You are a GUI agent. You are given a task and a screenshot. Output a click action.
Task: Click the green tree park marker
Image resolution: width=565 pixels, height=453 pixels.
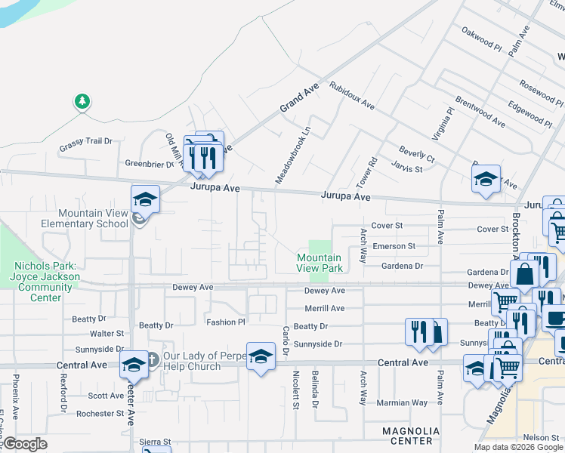click(82, 101)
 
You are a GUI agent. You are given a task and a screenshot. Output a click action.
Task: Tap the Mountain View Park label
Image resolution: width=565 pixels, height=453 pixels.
click(320, 263)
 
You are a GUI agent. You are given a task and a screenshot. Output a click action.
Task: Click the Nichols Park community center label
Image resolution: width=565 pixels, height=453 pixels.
click(45, 282)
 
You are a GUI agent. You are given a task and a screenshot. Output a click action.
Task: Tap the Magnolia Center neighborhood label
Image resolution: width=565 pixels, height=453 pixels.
click(407, 435)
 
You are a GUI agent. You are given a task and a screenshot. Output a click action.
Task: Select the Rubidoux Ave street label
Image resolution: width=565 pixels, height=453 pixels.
click(351, 94)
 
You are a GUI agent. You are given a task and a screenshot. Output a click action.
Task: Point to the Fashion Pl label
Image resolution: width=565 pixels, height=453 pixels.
click(227, 322)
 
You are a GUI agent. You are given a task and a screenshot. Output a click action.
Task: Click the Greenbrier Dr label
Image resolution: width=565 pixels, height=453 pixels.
click(150, 163)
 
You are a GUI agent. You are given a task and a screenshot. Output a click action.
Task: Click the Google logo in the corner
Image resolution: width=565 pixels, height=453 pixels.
click(25, 445)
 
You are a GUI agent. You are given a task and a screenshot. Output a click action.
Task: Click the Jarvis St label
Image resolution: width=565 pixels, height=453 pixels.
click(406, 168)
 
